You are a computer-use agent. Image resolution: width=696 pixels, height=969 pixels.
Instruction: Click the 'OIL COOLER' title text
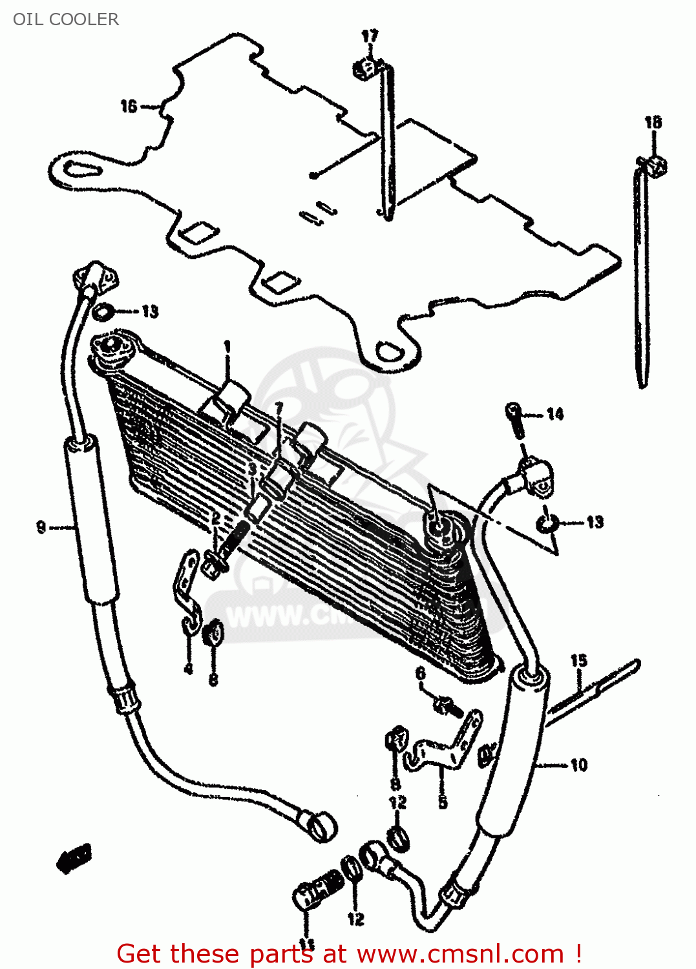click(66, 19)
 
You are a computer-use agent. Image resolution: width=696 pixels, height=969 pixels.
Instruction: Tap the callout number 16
click(129, 106)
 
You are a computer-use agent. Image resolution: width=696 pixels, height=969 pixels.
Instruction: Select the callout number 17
click(369, 36)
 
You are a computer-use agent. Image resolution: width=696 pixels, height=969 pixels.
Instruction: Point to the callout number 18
click(653, 122)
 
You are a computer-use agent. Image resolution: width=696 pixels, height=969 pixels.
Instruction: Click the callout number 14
click(555, 414)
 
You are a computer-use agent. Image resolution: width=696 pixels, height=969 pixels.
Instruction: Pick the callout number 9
click(41, 527)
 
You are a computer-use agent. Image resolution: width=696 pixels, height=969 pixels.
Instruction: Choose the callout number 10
click(578, 766)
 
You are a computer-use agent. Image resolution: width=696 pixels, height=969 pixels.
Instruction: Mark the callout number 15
click(578, 660)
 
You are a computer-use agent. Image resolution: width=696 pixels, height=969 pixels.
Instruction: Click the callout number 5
click(443, 802)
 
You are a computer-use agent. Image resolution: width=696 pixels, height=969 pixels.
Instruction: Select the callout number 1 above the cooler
click(227, 348)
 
